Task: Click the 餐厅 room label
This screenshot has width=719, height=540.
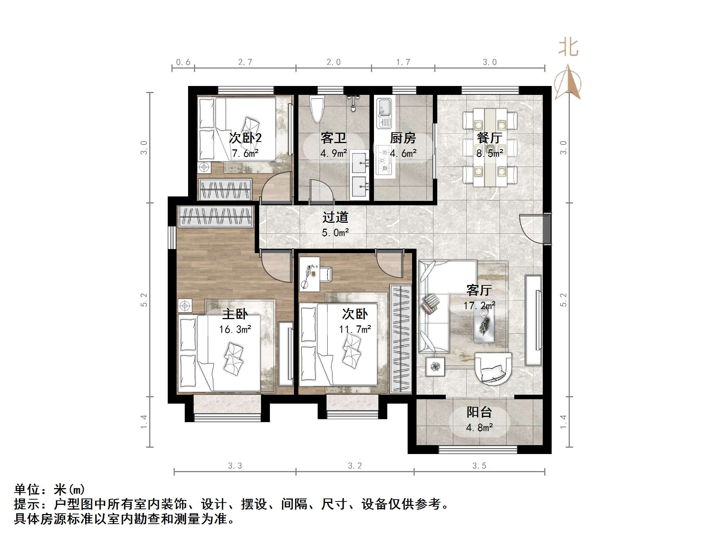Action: pyautogui.click(x=489, y=138)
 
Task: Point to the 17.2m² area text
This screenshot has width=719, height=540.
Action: pyautogui.click(x=479, y=305)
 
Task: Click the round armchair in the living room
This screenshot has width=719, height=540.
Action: pyautogui.click(x=493, y=368)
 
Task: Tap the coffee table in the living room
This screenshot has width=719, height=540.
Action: pyautogui.click(x=485, y=325)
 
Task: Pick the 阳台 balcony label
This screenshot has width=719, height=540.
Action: pyautogui.click(x=479, y=412)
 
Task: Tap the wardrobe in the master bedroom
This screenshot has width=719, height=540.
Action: pyautogui.click(x=215, y=216)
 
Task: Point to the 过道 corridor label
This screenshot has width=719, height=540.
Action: pyautogui.click(x=335, y=217)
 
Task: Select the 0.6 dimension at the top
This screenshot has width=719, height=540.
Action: pyautogui.click(x=183, y=62)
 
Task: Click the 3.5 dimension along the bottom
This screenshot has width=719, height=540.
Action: pyautogui.click(x=479, y=466)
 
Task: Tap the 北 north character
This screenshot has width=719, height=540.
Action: pyautogui.click(x=568, y=48)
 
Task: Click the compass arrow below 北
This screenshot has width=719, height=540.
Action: pyautogui.click(x=568, y=83)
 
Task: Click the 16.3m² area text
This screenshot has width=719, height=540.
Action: pyautogui.click(x=235, y=329)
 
